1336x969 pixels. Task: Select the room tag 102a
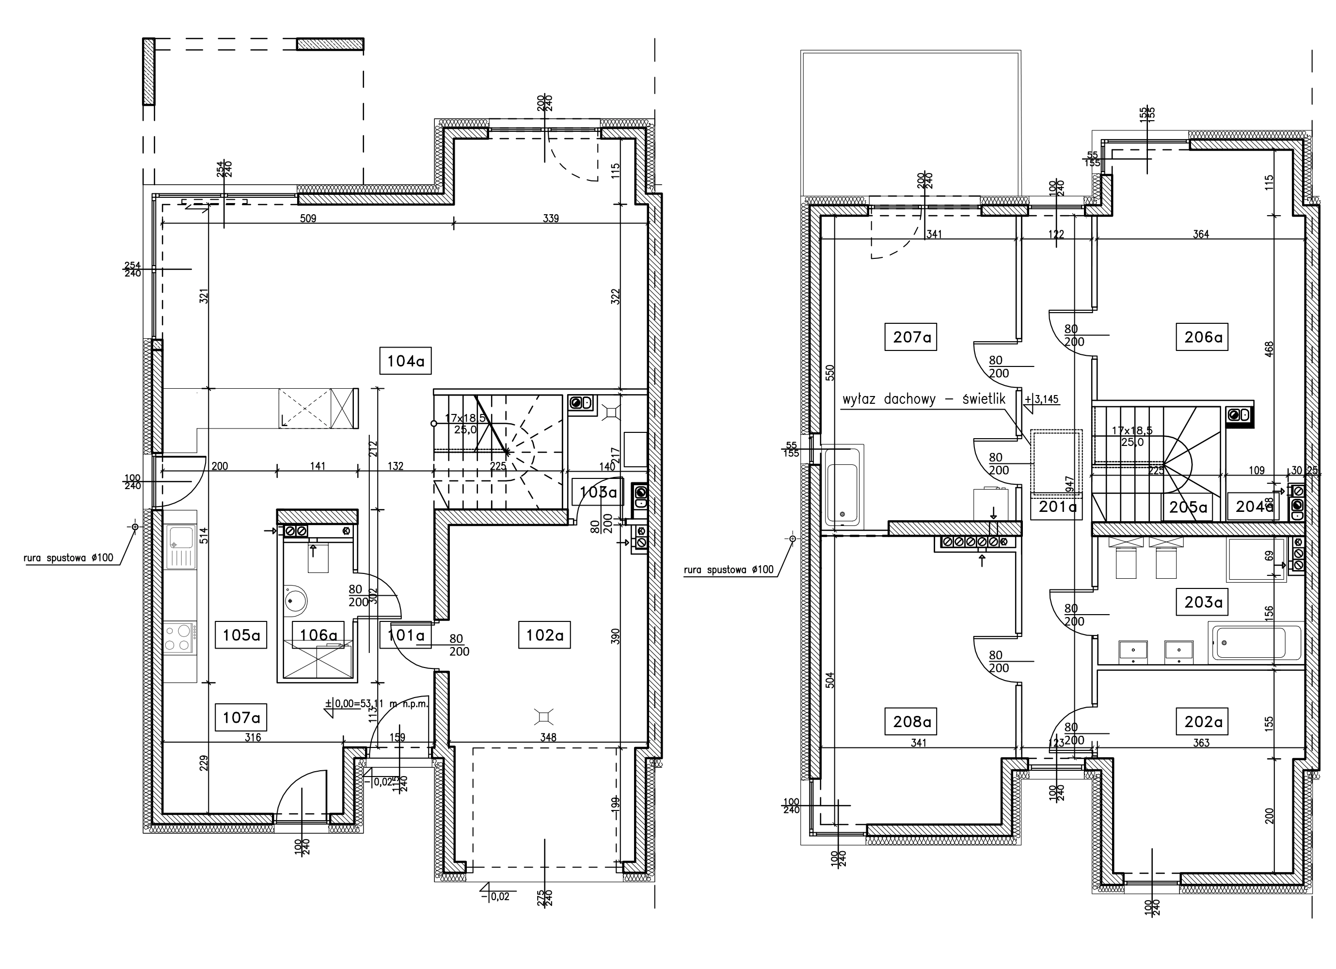coord(545,635)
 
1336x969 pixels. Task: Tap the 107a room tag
coord(241,718)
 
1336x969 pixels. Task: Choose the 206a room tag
coord(1202,337)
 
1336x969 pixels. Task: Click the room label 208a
coord(911,721)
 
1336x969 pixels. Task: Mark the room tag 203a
coord(1202,602)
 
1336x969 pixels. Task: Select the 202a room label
coord(1202,721)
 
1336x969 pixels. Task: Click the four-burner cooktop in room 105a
coord(180,638)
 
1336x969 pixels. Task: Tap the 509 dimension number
coord(308,218)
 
